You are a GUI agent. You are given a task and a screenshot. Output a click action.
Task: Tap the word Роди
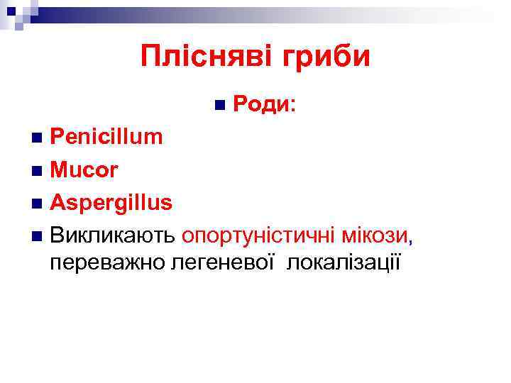point(260,105)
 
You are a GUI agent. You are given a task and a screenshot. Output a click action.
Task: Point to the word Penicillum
point(106,137)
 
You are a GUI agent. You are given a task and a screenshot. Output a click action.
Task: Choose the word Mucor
point(84,170)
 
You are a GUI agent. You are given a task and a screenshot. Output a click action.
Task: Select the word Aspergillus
point(111,202)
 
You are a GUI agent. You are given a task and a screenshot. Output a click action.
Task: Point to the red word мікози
point(375,234)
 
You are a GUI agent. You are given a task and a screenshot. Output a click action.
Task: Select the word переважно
point(107,262)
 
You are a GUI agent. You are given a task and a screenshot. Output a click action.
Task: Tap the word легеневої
point(226,262)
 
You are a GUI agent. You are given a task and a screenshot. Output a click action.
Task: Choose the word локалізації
point(344,262)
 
